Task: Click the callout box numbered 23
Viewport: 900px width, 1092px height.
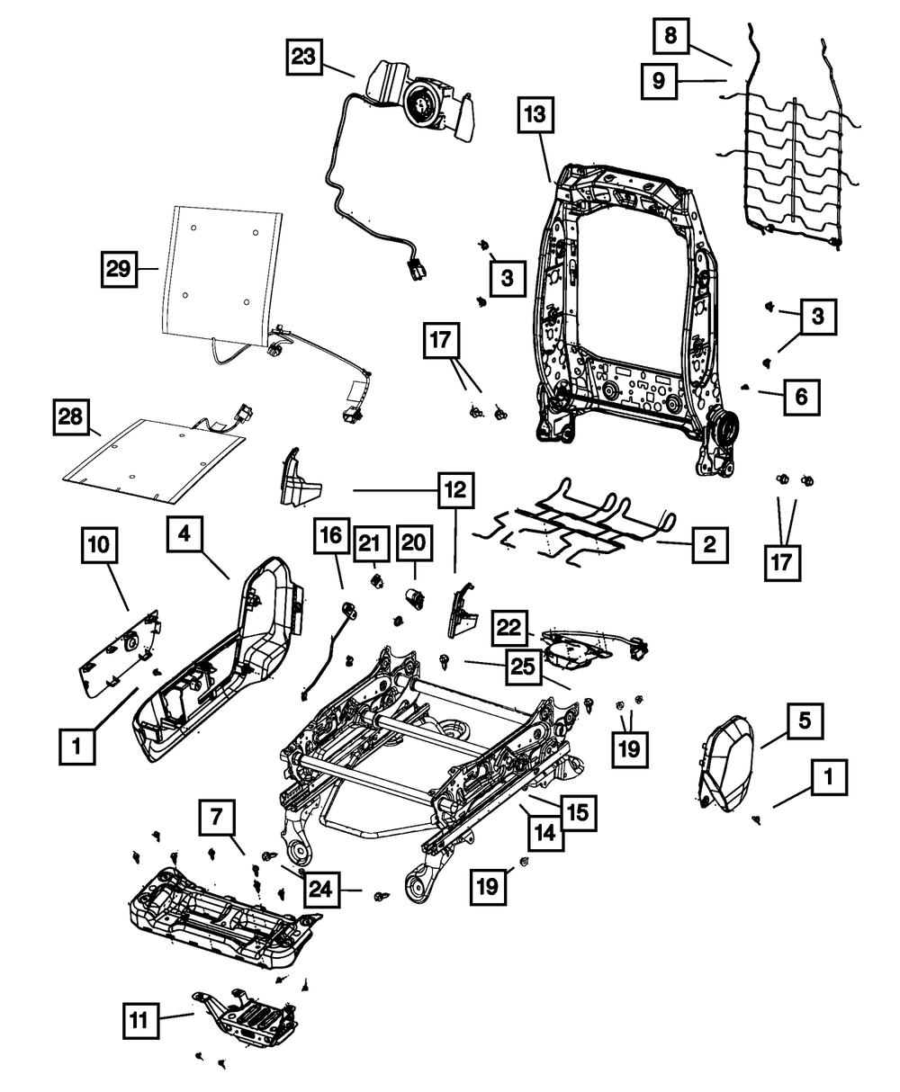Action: tap(303, 57)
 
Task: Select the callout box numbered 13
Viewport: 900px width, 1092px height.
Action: tap(535, 114)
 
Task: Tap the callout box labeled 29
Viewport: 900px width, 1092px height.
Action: tap(119, 269)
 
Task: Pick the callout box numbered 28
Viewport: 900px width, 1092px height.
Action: tap(70, 416)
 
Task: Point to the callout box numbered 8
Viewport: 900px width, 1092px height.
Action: tap(670, 36)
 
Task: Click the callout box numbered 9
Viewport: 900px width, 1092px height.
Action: tap(659, 81)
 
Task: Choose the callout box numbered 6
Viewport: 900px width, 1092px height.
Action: tap(801, 397)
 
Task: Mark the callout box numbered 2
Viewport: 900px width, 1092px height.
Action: tap(709, 545)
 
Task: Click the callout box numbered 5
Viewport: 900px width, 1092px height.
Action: tap(805, 721)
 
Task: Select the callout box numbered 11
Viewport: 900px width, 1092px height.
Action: tap(140, 1020)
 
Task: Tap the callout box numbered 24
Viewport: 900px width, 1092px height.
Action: tap(321, 890)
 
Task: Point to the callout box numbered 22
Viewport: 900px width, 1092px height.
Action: tap(509, 627)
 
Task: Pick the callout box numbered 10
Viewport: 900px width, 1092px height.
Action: tap(99, 545)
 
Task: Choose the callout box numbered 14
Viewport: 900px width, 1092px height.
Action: tap(545, 834)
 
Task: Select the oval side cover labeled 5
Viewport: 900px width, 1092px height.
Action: tap(726, 764)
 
